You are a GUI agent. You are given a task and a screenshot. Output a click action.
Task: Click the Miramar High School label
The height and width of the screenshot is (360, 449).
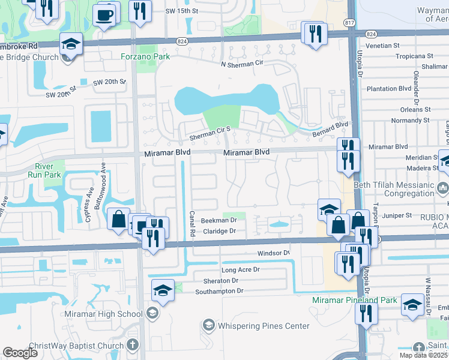point(105,314)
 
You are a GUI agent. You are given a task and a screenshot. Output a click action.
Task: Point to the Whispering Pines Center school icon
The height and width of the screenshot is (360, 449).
point(208,325)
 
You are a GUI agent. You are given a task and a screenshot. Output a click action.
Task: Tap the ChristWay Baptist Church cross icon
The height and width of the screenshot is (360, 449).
point(132,346)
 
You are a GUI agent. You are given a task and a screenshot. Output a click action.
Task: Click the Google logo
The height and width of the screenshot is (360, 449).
point(20,353)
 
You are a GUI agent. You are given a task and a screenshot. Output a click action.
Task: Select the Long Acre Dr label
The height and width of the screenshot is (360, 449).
point(240,270)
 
